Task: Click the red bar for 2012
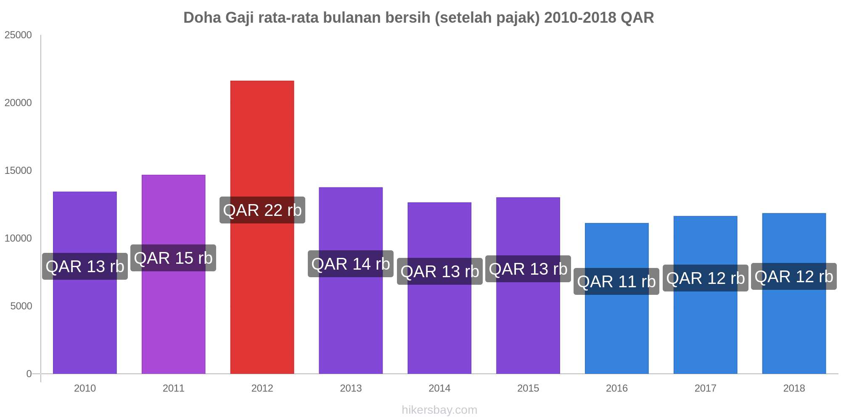pyautogui.click(x=262, y=294)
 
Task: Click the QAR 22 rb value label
pyautogui.click(x=262, y=210)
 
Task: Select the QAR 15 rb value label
pyautogui.click(x=173, y=258)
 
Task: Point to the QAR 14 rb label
pyautogui.click(x=351, y=264)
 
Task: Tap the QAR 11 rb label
pyautogui.click(x=616, y=281)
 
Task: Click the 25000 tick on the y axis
pyautogui.click(x=18, y=35)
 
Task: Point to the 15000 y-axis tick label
pyautogui.click(x=18, y=171)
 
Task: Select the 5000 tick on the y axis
pyautogui.click(x=21, y=306)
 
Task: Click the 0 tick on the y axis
pyautogui.click(x=29, y=374)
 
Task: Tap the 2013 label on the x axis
pyautogui.click(x=351, y=388)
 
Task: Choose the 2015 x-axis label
pyautogui.click(x=528, y=388)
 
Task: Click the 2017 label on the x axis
pyautogui.click(x=705, y=388)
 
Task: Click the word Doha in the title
pyautogui.click(x=202, y=18)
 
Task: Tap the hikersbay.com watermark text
pyautogui.click(x=439, y=410)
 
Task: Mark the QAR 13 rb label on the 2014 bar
pyautogui.click(x=439, y=271)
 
